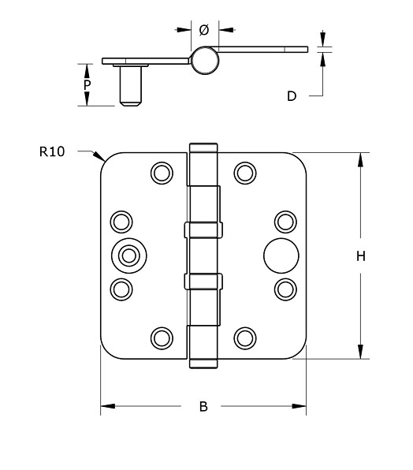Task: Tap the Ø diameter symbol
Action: [x=203, y=30]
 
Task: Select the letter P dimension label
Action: [x=87, y=84]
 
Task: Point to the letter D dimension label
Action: [x=291, y=96]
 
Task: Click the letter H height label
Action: [x=360, y=256]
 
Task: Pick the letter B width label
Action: [x=203, y=407]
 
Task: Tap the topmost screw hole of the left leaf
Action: [x=162, y=171]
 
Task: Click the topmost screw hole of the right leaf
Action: [x=245, y=171]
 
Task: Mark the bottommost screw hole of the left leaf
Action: [x=162, y=338]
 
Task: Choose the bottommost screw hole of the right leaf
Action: [x=245, y=338]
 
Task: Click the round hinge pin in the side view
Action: [x=203, y=60]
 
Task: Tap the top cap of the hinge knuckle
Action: [x=203, y=147]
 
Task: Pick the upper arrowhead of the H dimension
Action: [x=360, y=159]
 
